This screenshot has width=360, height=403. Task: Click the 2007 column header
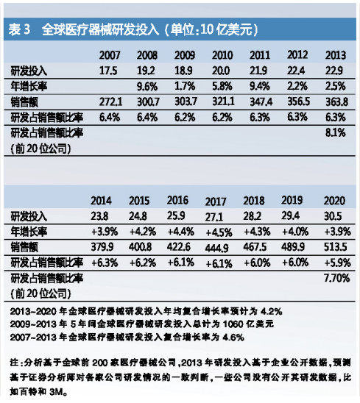[x=110, y=55]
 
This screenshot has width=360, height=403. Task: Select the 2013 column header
[x=336, y=55]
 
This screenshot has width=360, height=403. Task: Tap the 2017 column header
[x=216, y=201]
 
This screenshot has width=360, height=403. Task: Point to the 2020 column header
[x=334, y=201]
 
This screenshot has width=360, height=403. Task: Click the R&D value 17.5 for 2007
[x=108, y=71]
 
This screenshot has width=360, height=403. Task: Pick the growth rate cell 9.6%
[x=147, y=87]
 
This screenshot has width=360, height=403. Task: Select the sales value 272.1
[x=110, y=102]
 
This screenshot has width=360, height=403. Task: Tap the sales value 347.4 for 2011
[x=261, y=102]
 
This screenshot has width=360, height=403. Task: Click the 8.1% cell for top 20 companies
[x=335, y=133]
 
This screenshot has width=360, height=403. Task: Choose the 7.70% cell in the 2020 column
[x=337, y=278]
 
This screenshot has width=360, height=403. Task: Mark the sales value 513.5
[x=335, y=247]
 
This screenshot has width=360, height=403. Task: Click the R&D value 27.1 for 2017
[x=213, y=217]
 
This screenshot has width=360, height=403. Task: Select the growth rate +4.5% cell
[x=219, y=233]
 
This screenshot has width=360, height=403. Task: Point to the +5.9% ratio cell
[x=337, y=263]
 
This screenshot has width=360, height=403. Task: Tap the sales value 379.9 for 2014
[x=102, y=247]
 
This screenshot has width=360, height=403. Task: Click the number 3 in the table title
[x=27, y=29]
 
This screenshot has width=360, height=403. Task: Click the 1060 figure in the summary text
[x=233, y=324]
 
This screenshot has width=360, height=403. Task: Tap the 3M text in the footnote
[x=56, y=392]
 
